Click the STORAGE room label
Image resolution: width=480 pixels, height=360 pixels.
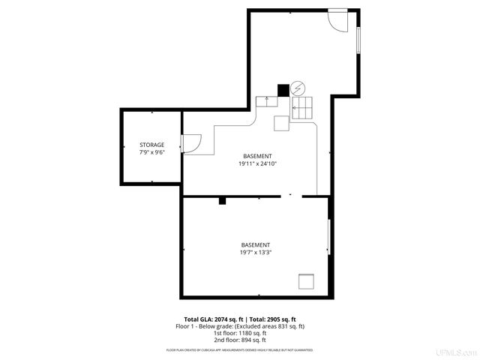151,145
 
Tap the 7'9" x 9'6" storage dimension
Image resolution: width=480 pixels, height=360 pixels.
151,152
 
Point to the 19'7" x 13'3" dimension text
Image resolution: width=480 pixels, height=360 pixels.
255,253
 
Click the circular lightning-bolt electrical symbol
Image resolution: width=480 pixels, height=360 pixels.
298,88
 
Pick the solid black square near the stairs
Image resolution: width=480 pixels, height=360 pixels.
283,90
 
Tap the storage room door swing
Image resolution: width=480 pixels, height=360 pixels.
190,142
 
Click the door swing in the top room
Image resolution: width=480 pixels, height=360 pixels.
338,19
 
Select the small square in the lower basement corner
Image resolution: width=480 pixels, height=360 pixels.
306,281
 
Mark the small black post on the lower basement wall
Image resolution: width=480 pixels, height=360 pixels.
222,200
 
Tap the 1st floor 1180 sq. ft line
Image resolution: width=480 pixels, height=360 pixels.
240,334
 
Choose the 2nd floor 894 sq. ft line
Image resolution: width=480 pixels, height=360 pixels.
240,340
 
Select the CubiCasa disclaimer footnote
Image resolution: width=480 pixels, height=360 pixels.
240,350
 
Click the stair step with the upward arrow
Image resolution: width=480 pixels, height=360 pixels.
266,100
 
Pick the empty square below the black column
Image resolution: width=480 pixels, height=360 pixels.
282,123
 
